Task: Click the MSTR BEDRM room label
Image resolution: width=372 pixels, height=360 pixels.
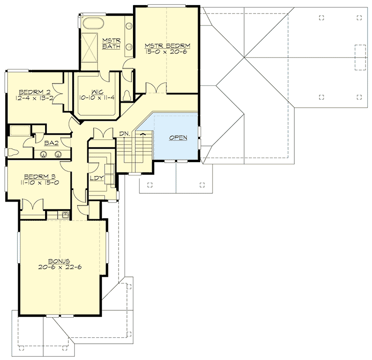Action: click(x=168, y=46)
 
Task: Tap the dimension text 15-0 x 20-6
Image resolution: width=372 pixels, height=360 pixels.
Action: click(x=168, y=52)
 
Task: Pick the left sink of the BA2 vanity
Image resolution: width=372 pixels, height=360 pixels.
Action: click(x=43, y=155)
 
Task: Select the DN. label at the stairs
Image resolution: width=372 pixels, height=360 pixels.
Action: click(x=124, y=133)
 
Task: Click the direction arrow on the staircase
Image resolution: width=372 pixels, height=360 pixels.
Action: click(x=143, y=134)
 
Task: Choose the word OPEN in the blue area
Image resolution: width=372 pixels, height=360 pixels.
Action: click(x=178, y=138)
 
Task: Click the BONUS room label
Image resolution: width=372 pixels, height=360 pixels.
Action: click(x=61, y=261)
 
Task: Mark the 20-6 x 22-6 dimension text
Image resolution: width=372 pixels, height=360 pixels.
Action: click(x=61, y=268)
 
